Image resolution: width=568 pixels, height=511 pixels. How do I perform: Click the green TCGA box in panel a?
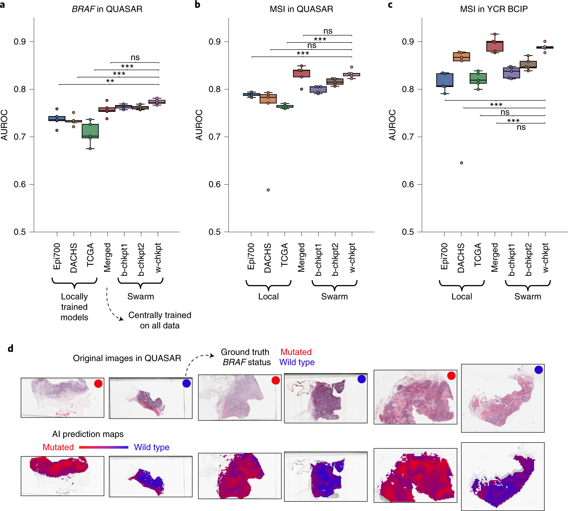click(x=90, y=131)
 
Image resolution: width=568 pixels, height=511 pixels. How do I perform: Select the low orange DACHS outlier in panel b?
click(x=268, y=190)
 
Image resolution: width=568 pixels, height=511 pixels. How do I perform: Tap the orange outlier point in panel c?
click(x=461, y=163)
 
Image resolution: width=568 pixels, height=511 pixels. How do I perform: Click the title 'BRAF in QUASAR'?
click(x=107, y=9)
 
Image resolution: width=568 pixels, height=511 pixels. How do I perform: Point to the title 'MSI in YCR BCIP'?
click(x=494, y=9)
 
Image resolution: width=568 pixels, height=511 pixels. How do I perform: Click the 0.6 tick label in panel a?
click(x=20, y=184)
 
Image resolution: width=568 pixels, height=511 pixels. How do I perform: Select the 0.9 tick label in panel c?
click(x=408, y=42)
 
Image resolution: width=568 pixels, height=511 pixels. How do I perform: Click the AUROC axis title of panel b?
click(x=199, y=125)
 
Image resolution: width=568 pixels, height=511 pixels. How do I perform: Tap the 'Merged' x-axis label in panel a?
click(x=107, y=257)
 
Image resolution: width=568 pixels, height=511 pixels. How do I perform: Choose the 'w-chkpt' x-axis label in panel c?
click(x=545, y=257)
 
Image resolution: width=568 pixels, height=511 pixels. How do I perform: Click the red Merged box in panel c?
click(x=495, y=46)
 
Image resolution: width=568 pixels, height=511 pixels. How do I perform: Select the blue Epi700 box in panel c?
click(x=445, y=80)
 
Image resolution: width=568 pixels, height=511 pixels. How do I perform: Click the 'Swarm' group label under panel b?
click(x=334, y=296)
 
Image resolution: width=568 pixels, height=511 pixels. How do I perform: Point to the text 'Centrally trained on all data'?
click(x=160, y=320)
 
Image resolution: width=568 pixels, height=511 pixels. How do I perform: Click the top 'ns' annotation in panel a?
click(x=135, y=58)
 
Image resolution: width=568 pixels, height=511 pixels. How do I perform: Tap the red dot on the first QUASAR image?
click(x=98, y=383)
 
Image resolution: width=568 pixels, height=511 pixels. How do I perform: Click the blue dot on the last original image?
click(x=538, y=370)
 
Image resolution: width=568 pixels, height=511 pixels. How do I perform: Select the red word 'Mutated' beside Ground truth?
click(x=296, y=352)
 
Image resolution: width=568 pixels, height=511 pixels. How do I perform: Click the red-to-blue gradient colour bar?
click(x=103, y=447)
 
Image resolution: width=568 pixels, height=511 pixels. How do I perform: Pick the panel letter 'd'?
click(x=11, y=348)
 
